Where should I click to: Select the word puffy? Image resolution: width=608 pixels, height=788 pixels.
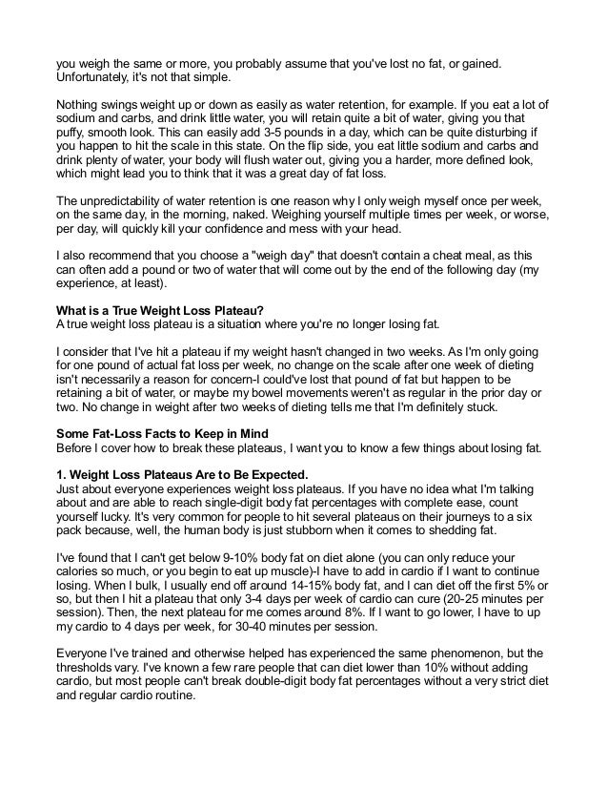[x=70, y=132]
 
